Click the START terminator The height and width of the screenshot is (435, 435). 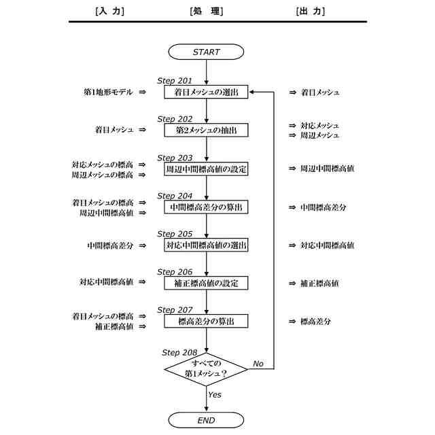206,52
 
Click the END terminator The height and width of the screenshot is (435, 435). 206,421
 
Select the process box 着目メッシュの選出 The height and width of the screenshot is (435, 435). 206,92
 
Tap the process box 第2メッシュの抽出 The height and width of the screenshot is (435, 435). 206,130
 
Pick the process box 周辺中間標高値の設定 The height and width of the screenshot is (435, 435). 206,169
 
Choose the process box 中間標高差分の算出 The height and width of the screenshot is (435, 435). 206,207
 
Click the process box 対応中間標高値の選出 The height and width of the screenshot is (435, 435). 206,245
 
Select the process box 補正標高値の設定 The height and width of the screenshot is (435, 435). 206,283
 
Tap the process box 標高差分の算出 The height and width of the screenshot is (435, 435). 206,321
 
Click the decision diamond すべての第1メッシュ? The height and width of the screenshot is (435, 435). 206,368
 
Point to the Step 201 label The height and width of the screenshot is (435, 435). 175,80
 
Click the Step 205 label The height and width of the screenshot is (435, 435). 175,233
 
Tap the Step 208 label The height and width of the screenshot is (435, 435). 179,352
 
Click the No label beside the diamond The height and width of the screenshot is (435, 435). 258,364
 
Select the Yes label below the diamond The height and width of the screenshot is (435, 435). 215,394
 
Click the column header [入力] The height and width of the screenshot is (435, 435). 110,11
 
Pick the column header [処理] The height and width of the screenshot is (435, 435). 207,11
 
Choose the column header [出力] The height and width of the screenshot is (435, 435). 311,11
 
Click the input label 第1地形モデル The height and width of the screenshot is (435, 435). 108,92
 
